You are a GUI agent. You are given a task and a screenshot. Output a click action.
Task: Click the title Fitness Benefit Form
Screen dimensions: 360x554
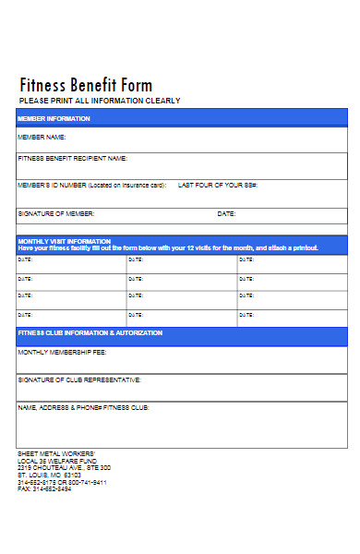[86, 86]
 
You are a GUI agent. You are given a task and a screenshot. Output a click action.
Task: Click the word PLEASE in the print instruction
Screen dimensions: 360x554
[32, 101]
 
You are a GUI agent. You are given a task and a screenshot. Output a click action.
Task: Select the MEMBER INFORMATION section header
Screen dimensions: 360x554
[54, 119]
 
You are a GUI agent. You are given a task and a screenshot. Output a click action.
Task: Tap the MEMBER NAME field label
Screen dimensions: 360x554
[42, 138]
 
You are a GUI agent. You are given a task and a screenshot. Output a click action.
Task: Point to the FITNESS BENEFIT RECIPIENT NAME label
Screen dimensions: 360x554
[72, 158]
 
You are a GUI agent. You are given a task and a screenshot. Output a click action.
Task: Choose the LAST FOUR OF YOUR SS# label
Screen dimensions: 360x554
[217, 185]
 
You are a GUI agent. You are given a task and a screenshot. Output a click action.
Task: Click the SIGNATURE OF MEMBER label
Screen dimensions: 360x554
[55, 213]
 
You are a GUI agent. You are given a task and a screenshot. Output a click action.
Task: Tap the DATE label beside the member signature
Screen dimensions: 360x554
[226, 213]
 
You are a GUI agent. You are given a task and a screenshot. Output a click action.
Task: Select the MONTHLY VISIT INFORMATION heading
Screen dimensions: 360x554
[64, 241]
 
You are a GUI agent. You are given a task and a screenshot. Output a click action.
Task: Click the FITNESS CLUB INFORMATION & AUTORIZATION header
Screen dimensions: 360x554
[90, 332]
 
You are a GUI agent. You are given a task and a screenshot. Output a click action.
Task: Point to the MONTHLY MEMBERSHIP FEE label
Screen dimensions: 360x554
[62, 352]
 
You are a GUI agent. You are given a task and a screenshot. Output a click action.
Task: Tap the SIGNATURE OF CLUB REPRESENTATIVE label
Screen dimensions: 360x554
[79, 379]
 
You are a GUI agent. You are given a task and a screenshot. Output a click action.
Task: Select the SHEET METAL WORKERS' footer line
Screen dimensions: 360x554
[55, 454]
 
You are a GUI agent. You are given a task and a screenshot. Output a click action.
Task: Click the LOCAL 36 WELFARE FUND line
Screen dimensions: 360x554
[57, 461]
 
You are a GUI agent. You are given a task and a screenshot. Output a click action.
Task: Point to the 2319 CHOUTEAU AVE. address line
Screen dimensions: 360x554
[64, 467]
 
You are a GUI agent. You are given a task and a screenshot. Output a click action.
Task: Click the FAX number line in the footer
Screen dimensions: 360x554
[44, 488]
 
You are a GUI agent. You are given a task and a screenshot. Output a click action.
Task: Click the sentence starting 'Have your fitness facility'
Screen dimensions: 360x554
[168, 248]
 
